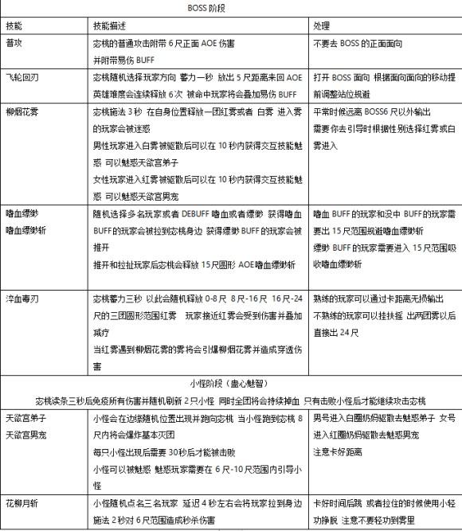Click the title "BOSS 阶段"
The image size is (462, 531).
[231, 9]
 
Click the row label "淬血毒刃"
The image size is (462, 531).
[22, 299]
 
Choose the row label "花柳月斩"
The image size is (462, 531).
[22, 504]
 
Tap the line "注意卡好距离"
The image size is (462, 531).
[338, 452]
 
